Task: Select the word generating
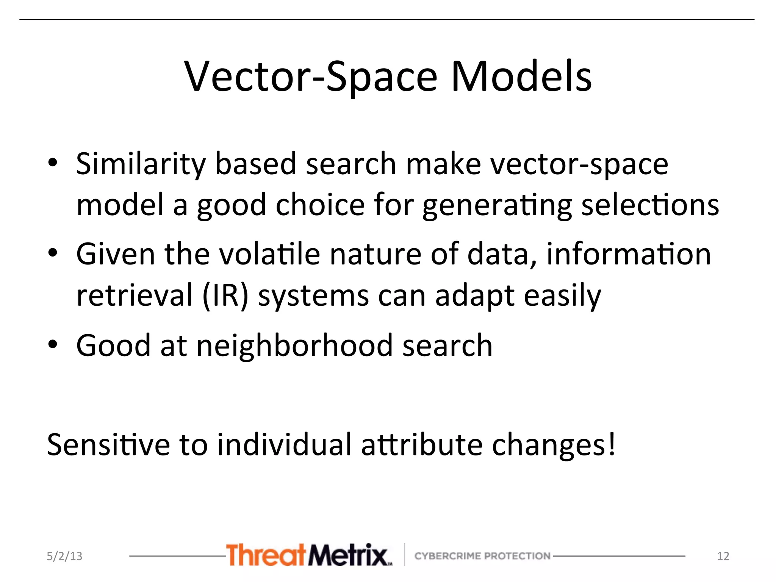pos(497,206)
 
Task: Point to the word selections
pos(650,205)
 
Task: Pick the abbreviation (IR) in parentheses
pos(225,296)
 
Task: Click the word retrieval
pos(135,296)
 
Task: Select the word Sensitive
pos(108,444)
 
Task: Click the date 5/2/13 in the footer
pos(64,556)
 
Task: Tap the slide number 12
pos(723,556)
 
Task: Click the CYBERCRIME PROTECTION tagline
pos(482,556)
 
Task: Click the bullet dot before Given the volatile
pos(53,253)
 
